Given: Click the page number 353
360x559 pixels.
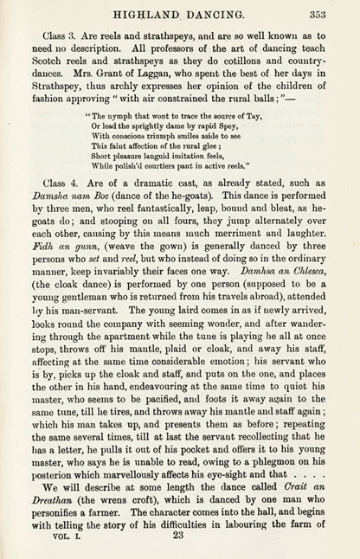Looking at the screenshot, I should pyautogui.click(x=318, y=12).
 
